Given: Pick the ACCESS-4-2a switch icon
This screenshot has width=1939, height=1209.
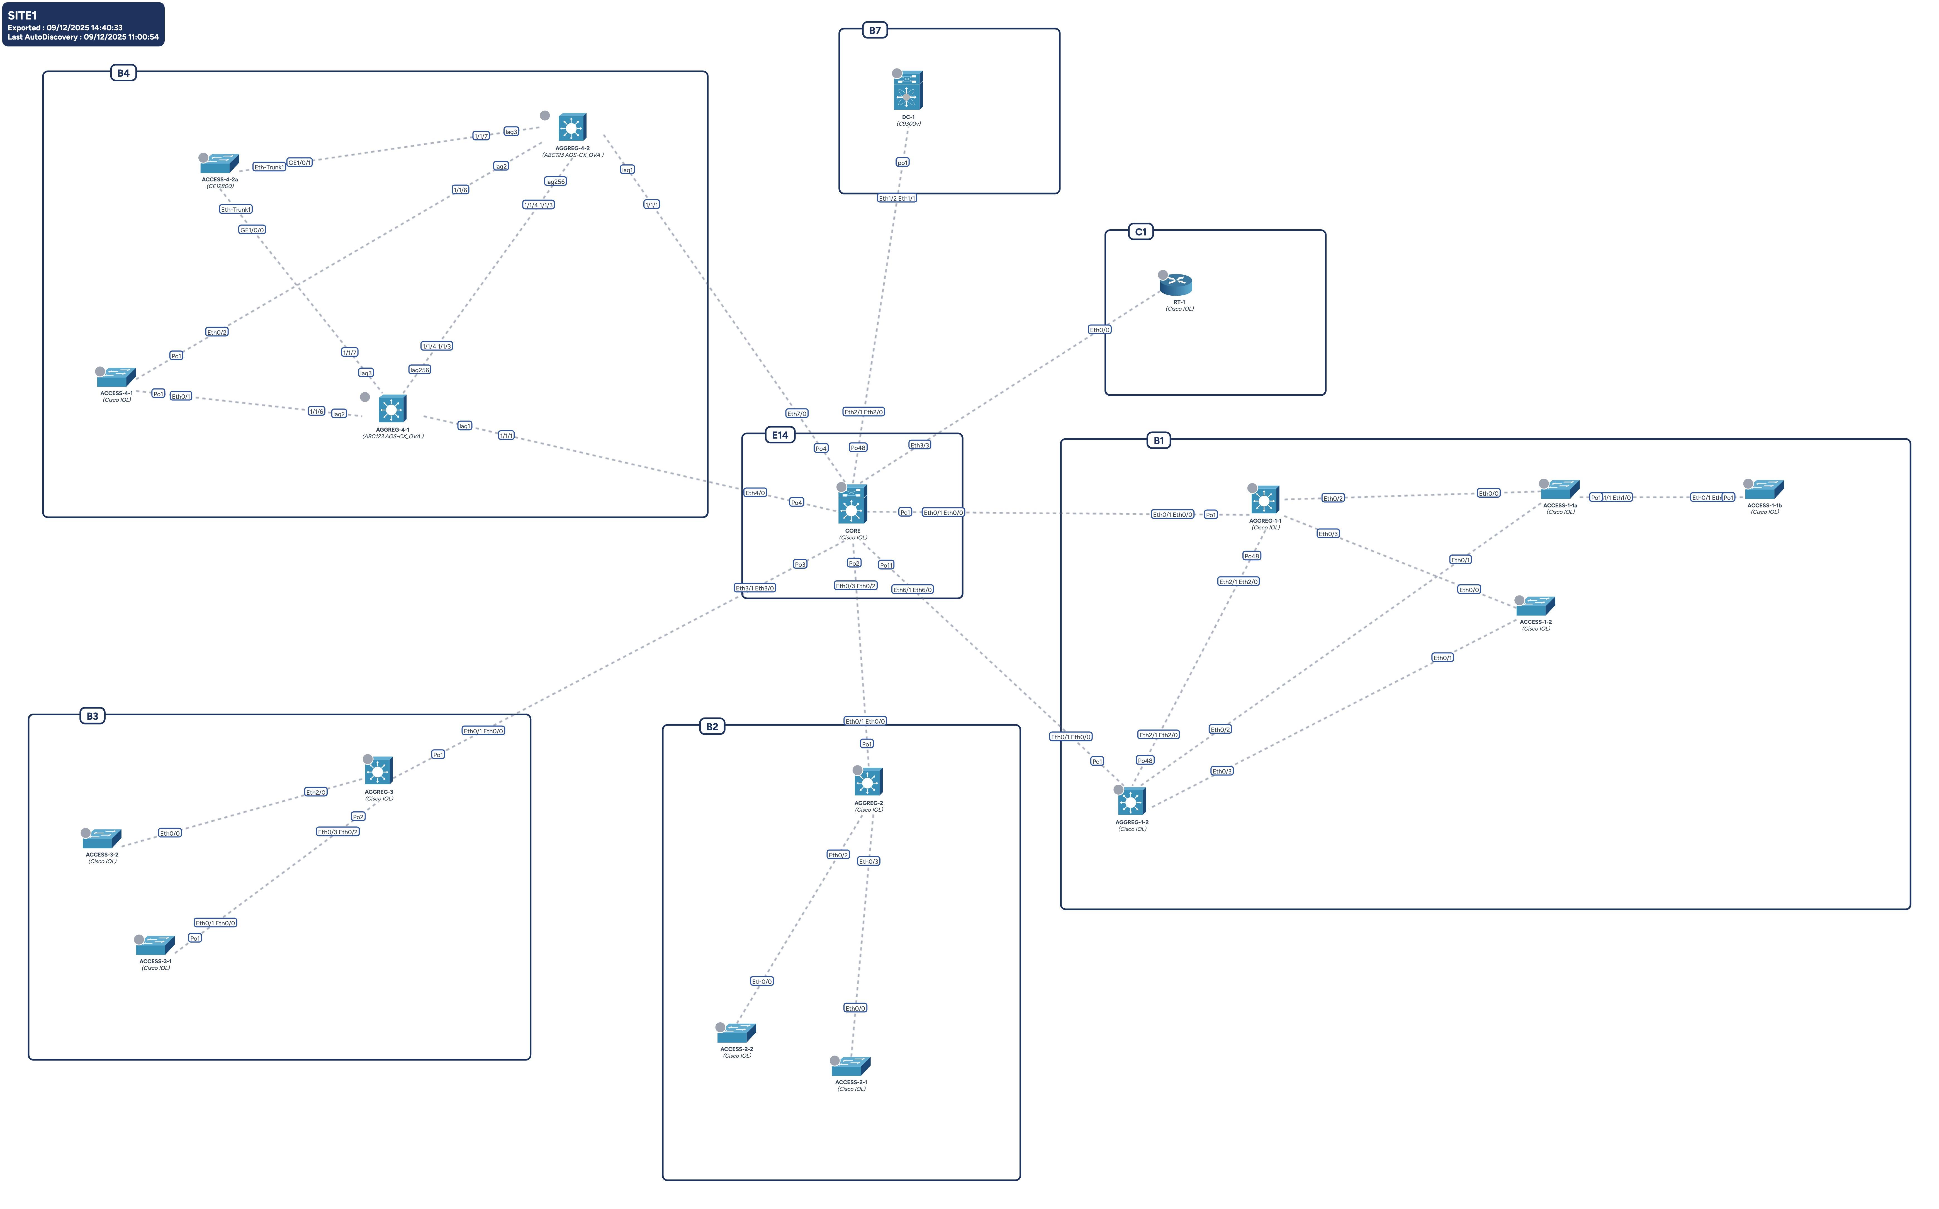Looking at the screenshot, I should click(220, 164).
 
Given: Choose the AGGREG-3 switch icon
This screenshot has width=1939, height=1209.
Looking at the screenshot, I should click(378, 772).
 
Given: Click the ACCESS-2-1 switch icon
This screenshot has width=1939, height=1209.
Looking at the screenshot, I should click(851, 1066).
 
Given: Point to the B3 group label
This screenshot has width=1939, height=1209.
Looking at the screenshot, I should click(93, 716).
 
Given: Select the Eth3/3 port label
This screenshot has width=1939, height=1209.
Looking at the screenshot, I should click(919, 445).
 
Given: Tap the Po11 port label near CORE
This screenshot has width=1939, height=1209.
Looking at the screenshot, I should click(886, 565).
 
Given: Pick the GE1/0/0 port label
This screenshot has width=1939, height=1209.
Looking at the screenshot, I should click(252, 230).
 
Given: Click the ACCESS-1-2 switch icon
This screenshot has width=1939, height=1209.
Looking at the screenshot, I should click(1535, 606).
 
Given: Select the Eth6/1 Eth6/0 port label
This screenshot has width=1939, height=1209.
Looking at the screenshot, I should click(912, 590).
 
